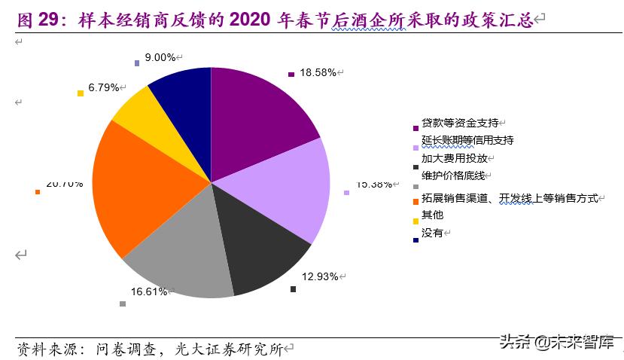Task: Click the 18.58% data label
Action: click(x=317, y=73)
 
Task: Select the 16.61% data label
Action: click(x=148, y=291)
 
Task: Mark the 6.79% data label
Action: click(x=104, y=87)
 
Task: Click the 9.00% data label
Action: click(x=160, y=57)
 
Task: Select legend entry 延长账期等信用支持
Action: click(x=467, y=141)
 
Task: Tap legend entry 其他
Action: click(x=433, y=215)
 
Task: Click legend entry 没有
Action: click(x=433, y=233)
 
